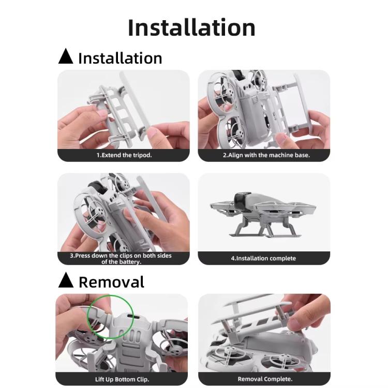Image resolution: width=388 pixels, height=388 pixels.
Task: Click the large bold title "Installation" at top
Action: point(191,27)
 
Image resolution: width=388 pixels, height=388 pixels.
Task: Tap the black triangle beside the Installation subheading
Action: point(66,56)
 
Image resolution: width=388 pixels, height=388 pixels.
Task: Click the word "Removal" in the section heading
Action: point(111,282)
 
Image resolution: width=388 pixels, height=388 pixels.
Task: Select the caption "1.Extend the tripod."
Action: point(124,155)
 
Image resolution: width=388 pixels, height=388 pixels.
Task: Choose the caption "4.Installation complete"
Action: point(263,258)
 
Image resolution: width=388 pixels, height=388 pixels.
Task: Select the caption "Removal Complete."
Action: point(264,379)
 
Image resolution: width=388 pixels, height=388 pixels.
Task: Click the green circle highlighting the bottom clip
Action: point(108,317)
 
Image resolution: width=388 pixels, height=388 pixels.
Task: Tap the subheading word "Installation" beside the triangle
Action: point(120,58)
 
